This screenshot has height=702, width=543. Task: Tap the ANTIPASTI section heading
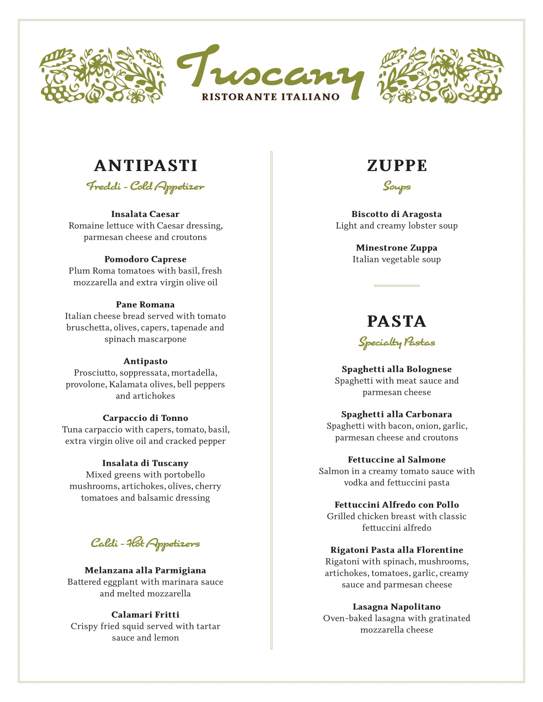coord(145,166)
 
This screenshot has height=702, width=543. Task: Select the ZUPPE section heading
coord(397,166)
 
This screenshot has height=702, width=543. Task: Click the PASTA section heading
coord(397,321)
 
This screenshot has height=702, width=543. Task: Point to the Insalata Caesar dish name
coord(145,214)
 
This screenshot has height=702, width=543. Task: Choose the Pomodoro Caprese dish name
coord(145,259)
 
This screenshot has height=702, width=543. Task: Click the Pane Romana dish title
coord(145,304)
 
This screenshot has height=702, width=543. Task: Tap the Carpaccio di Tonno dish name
coord(145,418)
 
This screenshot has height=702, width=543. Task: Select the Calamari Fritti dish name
coord(145,615)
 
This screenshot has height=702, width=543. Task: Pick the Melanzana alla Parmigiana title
coord(145,570)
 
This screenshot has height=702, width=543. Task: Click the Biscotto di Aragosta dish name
coord(397,214)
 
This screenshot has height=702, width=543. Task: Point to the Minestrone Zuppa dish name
coord(397,248)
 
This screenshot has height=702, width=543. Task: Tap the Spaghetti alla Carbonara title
coord(397,414)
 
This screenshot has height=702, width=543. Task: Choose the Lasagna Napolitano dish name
coord(397,607)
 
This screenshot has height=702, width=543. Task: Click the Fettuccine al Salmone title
coord(397,459)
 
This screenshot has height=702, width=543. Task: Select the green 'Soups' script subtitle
coord(397,186)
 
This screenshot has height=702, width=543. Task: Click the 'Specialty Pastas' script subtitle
coord(397,342)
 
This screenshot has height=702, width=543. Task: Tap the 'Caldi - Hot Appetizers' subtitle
coord(145,543)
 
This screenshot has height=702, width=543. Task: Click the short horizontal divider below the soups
coord(397,286)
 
